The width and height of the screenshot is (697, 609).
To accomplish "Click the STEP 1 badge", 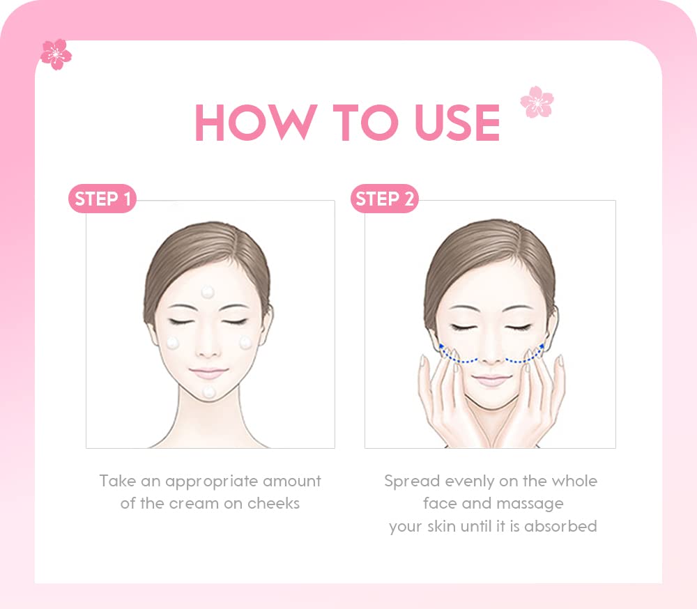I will tap(102, 199).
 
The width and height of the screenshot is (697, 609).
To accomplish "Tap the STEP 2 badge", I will tap(384, 199).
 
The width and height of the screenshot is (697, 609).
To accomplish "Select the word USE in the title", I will tap(457, 123).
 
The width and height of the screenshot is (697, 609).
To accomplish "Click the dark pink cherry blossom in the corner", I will tap(56, 54).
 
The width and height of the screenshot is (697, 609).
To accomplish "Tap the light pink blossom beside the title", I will tap(537, 102).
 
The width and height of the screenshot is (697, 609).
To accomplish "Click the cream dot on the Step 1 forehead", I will tap(207, 291).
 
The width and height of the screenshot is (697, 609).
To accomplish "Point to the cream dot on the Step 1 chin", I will tap(208, 392).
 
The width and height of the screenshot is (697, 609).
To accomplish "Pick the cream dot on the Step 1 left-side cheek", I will tap(172, 343).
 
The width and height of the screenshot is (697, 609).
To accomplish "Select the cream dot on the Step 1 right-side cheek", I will tap(245, 342).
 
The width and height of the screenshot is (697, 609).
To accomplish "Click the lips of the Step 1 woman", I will tap(208, 373).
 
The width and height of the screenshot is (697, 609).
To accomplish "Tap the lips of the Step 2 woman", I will tap(491, 379).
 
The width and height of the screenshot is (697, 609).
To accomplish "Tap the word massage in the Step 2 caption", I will tap(530, 503).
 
